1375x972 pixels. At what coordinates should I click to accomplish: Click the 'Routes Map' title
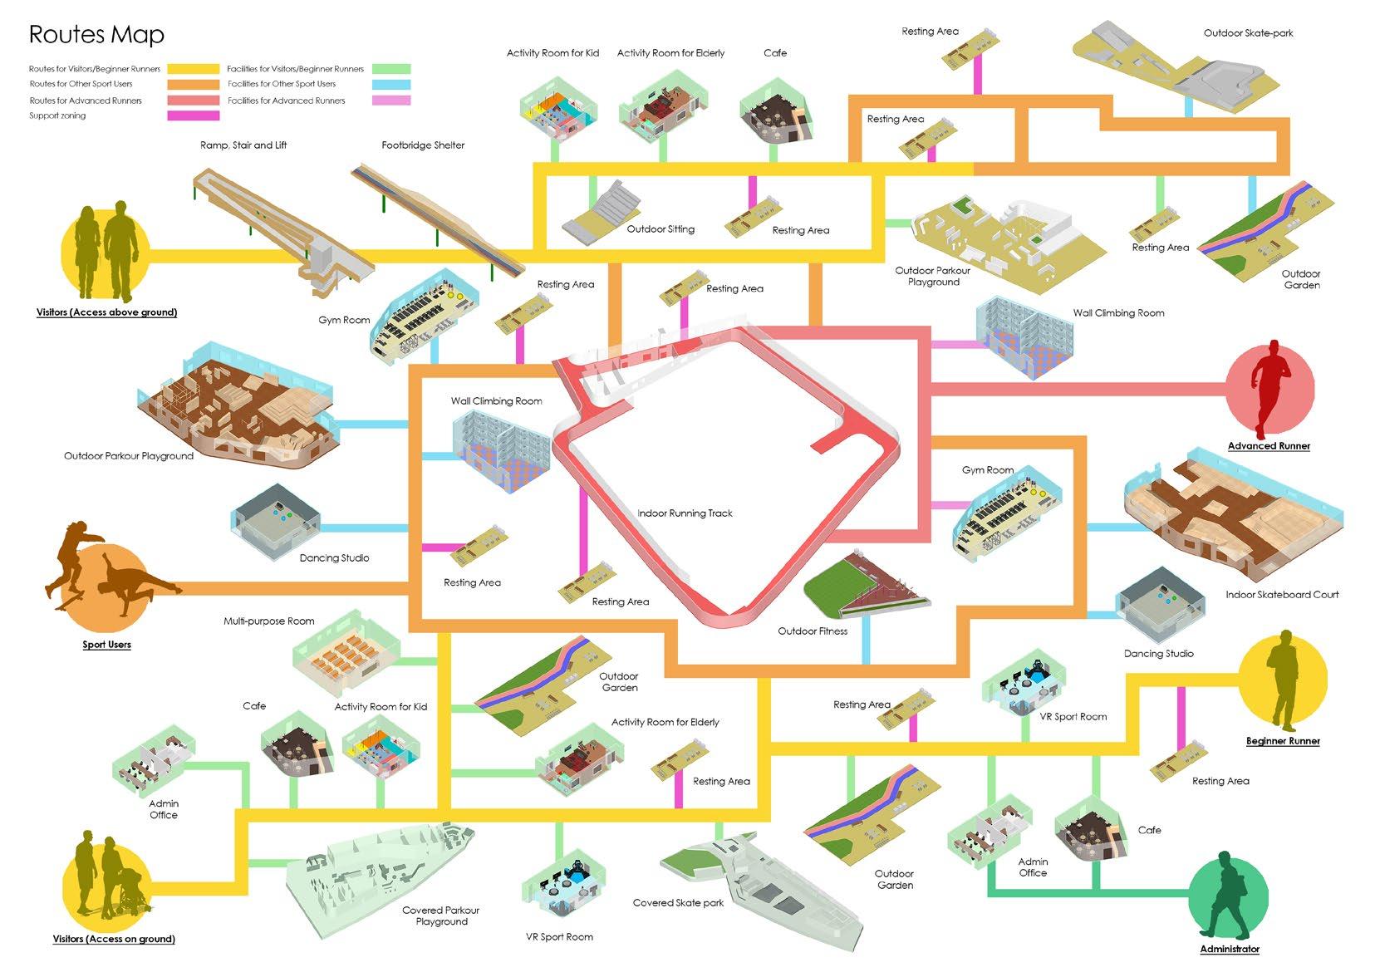point(96,34)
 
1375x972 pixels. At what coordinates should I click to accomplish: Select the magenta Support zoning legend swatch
point(193,115)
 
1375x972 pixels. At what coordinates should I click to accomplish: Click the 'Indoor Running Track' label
point(685,513)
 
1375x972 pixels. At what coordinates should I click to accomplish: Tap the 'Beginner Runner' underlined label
point(1283,741)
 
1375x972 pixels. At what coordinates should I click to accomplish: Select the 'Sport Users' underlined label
point(106,645)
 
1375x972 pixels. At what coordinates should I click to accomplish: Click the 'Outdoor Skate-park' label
point(1248,33)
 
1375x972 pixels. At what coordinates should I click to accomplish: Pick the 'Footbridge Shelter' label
point(423,145)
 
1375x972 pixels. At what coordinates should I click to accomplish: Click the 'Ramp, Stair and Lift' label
point(243,145)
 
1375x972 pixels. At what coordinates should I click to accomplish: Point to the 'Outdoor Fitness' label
point(813,631)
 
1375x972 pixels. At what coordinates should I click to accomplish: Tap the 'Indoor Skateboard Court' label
point(1282,595)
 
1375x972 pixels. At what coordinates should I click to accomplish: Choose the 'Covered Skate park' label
point(678,903)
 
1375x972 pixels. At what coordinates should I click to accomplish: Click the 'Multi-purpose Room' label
point(268,621)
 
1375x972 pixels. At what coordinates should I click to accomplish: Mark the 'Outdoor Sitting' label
point(660,229)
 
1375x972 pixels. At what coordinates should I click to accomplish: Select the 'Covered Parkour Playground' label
point(440,916)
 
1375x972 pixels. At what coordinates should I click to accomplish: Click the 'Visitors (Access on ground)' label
point(114,940)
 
